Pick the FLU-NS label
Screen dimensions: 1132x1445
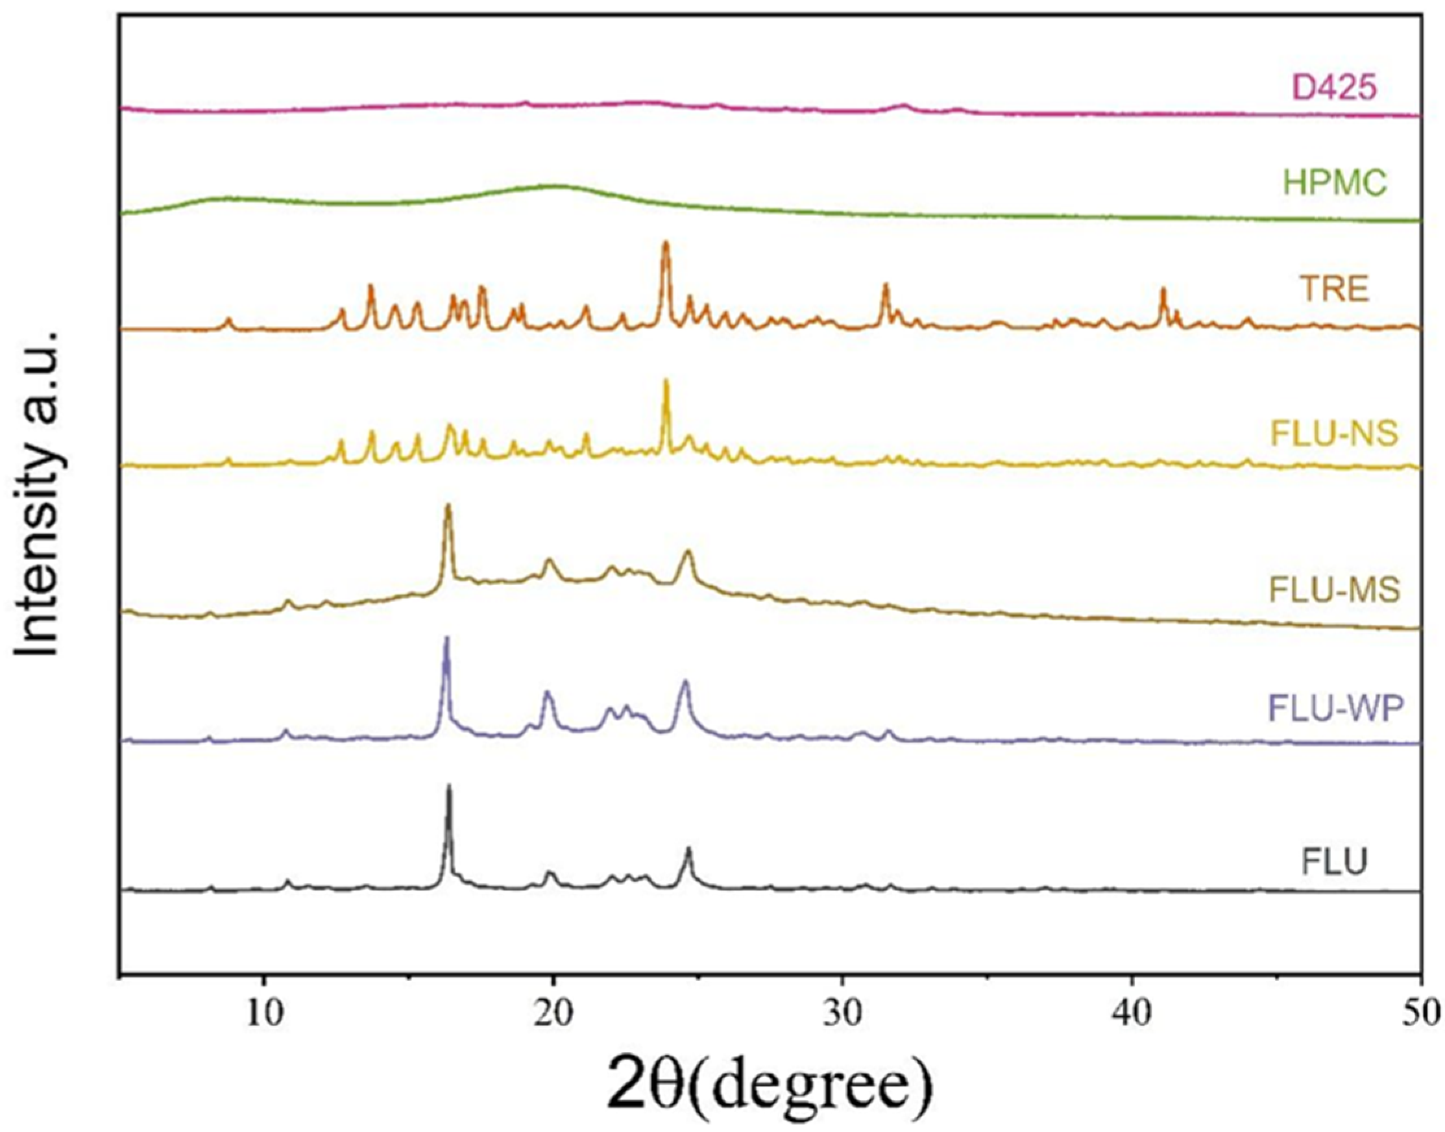[x=1333, y=433]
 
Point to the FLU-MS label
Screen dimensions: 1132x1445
[x=1333, y=589]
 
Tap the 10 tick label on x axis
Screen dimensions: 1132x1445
[x=263, y=1014]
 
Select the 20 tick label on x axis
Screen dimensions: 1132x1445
[x=553, y=1014]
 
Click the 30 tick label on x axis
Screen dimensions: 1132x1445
[x=842, y=1014]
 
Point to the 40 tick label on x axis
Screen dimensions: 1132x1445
[x=1131, y=1014]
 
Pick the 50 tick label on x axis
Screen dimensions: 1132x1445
[x=1420, y=1014]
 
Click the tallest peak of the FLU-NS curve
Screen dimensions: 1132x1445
[x=666, y=382]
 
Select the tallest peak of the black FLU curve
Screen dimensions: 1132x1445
[x=449, y=787]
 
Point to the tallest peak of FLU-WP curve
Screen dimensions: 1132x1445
[x=446, y=639]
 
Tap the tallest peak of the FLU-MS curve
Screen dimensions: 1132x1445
[x=448, y=506]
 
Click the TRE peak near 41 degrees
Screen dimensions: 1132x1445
[x=1163, y=290]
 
